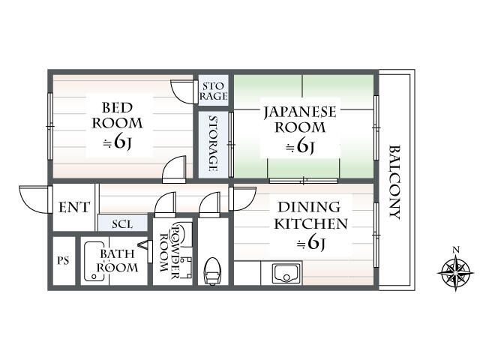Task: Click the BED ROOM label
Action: [118, 115]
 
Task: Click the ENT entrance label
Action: [74, 208]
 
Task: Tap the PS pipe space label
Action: [64, 261]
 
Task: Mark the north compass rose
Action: [454, 271]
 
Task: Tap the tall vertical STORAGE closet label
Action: [213, 143]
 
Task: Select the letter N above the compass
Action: [454, 250]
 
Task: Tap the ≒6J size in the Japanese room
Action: [300, 147]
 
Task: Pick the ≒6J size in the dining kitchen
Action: [311, 242]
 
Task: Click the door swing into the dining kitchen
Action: [242, 199]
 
